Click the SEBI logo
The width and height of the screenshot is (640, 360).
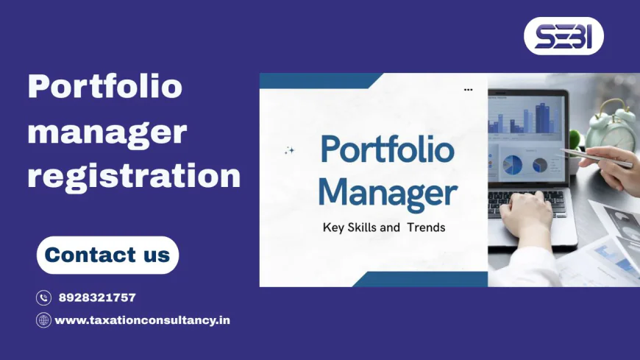(563, 36)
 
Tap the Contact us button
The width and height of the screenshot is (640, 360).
(107, 255)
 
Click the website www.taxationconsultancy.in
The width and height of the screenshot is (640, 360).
(142, 320)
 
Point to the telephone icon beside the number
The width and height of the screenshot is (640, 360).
(43, 297)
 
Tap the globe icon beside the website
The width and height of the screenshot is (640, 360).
(43, 320)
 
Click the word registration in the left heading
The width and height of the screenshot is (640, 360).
(134, 177)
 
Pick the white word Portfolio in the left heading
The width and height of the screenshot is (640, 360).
(104, 87)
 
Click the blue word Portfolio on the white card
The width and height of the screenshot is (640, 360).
(387, 150)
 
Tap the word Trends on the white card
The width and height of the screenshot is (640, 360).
(424, 227)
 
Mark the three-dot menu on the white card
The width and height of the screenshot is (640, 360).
(469, 90)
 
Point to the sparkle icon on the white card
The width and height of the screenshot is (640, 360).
(289, 151)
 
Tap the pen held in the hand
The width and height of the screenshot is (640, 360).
(596, 157)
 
